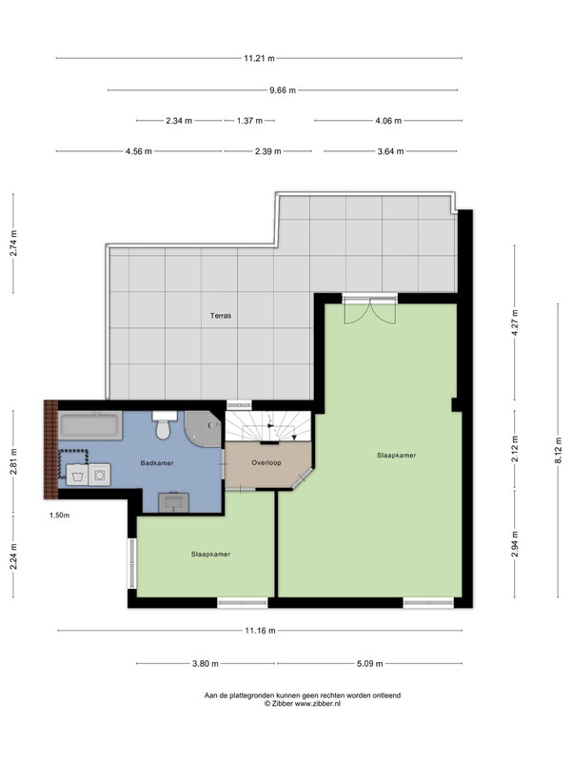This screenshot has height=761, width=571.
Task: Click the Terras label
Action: pos(221,316)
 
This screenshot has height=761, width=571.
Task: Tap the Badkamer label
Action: pos(157,463)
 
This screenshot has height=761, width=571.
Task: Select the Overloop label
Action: pos(266,462)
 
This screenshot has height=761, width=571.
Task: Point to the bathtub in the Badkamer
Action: pos(90,425)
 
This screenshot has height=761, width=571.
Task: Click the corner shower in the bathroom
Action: pos(203,429)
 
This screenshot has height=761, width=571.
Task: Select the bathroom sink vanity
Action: pos(173,502)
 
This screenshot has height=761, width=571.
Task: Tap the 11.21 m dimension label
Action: pos(259,59)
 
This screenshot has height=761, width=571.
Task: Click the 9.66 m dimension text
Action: pos(283,90)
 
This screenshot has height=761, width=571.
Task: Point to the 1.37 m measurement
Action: pos(249,121)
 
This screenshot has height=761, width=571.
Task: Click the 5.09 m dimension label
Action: pos(369,663)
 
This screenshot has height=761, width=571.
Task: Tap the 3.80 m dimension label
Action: pos(206,663)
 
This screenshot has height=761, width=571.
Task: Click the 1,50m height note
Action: pos(59,516)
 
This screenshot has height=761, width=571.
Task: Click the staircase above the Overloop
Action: pos(268,426)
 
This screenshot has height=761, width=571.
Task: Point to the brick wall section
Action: pos(51,450)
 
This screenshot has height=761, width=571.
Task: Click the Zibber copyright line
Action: pos(303,703)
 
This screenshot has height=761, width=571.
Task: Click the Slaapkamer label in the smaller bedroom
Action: pos(210,555)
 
